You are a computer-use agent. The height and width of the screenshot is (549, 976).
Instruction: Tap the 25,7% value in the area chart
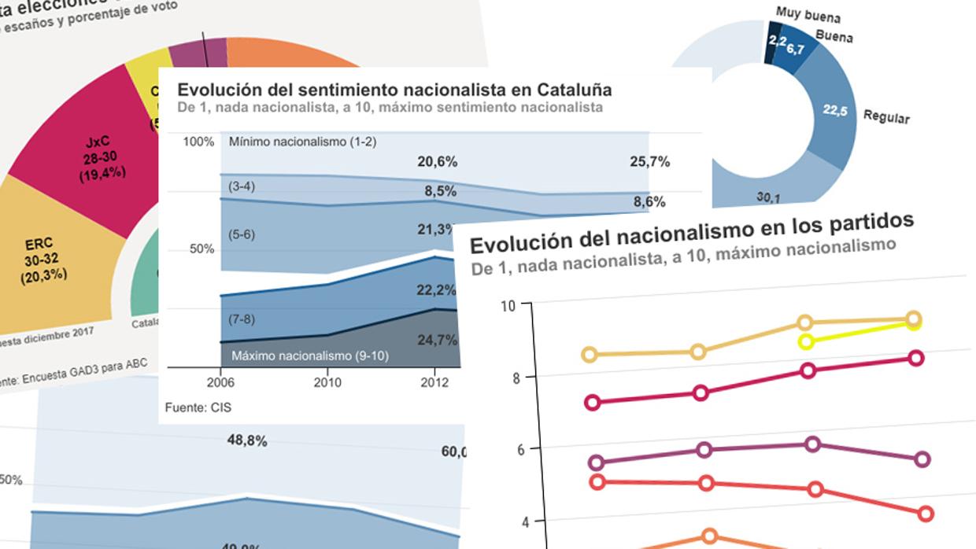point(649,161)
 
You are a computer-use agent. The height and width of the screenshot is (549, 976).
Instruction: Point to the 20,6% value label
point(437,161)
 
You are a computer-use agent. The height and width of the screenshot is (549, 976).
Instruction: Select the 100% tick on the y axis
point(199,142)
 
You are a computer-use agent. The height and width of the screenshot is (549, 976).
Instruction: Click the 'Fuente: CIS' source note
point(198,407)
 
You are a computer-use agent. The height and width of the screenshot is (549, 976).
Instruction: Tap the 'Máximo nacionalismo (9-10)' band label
point(310,356)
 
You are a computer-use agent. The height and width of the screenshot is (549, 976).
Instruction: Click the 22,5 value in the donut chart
point(835,111)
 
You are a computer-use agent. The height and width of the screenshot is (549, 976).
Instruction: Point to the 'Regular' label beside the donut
point(886,117)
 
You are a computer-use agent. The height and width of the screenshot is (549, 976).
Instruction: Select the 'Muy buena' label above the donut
point(808,15)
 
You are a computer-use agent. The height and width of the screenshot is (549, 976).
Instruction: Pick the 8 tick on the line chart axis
point(516,377)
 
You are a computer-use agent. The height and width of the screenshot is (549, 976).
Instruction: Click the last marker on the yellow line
point(914,322)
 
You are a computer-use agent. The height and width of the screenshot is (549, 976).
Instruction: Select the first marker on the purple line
point(596,462)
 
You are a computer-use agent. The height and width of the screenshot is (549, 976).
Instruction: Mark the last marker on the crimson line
point(916,358)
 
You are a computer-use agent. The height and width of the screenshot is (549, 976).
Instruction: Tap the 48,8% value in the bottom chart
point(246,441)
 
